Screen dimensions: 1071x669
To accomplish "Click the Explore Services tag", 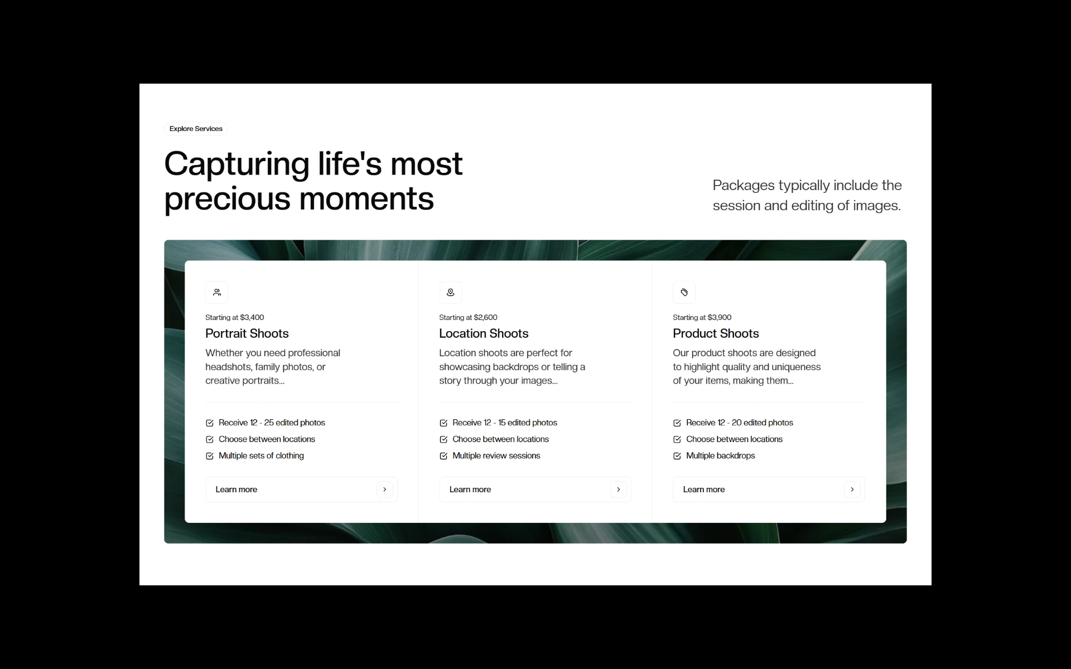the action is pos(196,129).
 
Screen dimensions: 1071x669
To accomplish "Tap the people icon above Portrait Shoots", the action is pos(217,292).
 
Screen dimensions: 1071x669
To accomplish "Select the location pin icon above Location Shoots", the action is pos(451,292).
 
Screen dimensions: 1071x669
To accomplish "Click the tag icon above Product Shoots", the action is pos(684,292).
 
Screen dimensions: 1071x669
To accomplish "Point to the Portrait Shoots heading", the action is pos(247,333).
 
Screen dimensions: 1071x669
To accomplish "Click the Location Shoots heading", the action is pos(484,333).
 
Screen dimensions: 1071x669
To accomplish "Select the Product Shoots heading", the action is pos(716,333).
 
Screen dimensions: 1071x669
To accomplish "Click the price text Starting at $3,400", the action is pos(235,317).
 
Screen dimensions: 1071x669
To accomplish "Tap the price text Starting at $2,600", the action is pos(468,317).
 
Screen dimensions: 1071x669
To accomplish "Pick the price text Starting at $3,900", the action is pos(702,317).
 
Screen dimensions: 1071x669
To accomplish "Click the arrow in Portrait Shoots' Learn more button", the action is pos(385,489).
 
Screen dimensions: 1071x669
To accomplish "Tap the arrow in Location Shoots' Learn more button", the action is pos(619,489).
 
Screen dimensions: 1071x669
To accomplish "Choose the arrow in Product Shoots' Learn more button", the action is pos(852,489).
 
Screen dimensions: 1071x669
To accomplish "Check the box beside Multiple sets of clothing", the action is pos(210,456).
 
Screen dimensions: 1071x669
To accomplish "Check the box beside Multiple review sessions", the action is pos(443,456).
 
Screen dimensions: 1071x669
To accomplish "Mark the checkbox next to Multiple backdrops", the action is pos(677,456).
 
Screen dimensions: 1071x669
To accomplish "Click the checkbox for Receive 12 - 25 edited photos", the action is pos(210,423).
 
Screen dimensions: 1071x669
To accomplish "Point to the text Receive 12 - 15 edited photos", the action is pos(505,423).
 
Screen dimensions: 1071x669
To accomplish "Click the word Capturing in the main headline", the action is pos(237,165).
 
